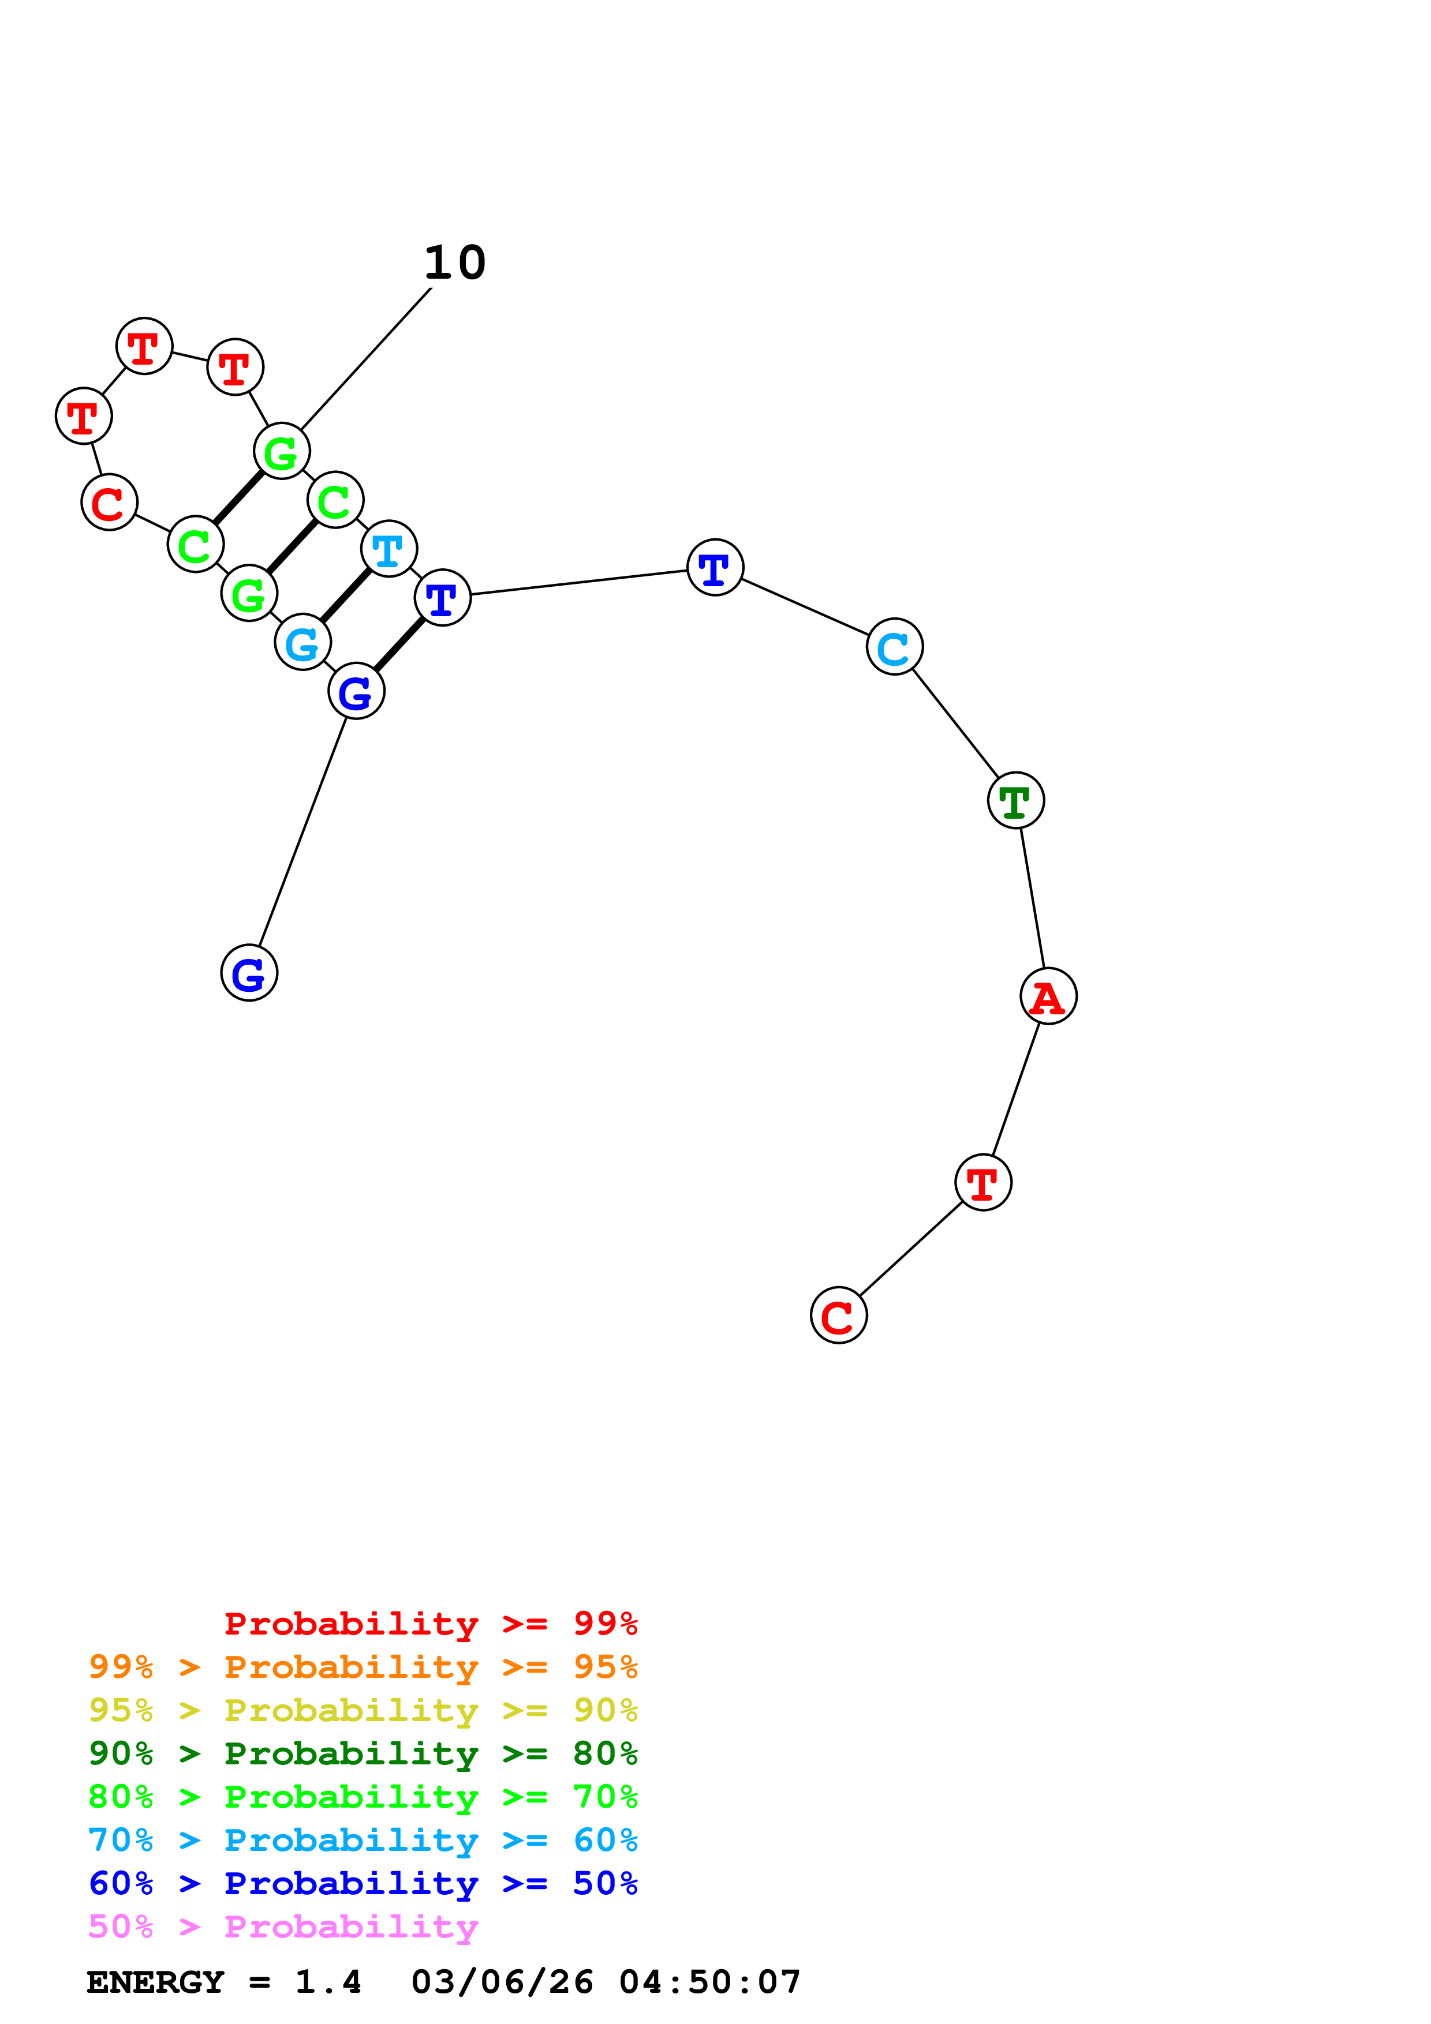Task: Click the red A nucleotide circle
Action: pos(1048,996)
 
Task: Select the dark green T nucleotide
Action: pos(1016,800)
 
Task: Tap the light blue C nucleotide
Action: pos(894,647)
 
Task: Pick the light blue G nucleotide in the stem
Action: pos(302,643)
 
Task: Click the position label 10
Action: pos(455,263)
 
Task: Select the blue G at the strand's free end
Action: pos(249,973)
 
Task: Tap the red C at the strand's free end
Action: pos(839,1315)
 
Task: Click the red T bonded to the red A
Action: pos(983,1183)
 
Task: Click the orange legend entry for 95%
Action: pos(363,1667)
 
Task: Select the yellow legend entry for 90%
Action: pos(363,1710)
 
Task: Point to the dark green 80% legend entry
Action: pos(363,1753)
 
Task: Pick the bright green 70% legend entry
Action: pos(363,1797)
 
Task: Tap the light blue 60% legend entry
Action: pos(363,1840)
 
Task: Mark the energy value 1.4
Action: pos(328,1982)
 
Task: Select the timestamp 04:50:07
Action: pos(710,1982)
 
